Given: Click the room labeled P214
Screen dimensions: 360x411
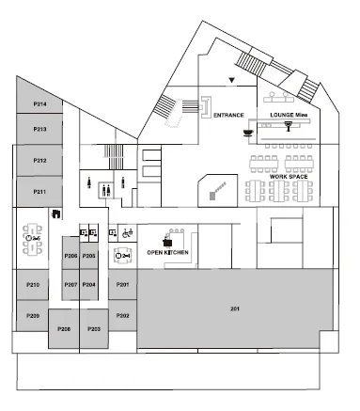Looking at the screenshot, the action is [x=39, y=102].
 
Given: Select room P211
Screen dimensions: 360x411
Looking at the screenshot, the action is [x=39, y=192].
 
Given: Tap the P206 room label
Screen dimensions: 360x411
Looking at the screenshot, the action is [x=70, y=256].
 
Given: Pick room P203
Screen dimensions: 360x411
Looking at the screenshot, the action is [x=94, y=328].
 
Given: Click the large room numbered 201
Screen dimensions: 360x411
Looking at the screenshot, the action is [x=235, y=308].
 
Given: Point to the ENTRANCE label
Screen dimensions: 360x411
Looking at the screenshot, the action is [x=228, y=115].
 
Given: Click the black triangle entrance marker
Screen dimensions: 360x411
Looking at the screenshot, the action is [x=231, y=80].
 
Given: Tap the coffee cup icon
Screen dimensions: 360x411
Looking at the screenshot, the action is [x=248, y=133].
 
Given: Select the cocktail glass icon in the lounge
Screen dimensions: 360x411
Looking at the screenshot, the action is [x=289, y=126].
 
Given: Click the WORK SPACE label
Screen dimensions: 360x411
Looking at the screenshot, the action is [x=289, y=177].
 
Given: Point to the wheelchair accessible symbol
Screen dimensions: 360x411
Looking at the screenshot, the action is [x=128, y=232].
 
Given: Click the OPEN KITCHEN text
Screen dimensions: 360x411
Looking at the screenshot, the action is [x=167, y=252].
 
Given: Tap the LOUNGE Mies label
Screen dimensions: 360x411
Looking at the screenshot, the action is [x=289, y=115].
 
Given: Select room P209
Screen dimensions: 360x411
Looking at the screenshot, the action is [x=33, y=315].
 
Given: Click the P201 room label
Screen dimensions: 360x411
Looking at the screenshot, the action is [x=122, y=285].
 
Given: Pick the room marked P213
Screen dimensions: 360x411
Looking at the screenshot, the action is [x=39, y=129].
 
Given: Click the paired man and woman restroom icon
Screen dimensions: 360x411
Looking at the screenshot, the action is [x=106, y=190].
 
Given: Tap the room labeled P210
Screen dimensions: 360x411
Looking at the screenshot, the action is [x=33, y=285].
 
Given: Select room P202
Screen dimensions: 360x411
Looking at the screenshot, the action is [x=122, y=315].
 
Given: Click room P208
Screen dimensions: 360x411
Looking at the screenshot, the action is [x=64, y=328].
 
